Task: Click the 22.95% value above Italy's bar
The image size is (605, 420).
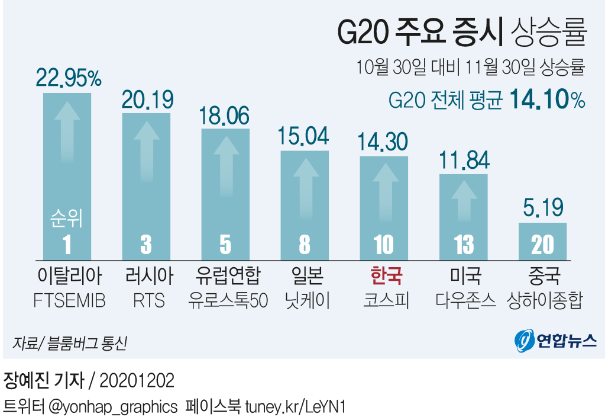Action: tap(69, 77)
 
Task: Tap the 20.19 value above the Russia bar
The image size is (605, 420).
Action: tap(147, 99)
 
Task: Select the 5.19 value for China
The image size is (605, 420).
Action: tap(542, 208)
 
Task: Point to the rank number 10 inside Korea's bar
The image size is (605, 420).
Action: tap(384, 245)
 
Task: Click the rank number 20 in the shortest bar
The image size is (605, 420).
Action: tap(542, 245)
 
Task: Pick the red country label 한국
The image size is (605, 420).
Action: tap(386, 275)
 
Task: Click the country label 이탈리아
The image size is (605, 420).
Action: tap(69, 275)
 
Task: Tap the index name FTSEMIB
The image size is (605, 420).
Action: tap(69, 301)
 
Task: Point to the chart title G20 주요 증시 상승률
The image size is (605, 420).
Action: tap(461, 34)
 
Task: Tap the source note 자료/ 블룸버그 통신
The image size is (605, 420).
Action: tap(69, 343)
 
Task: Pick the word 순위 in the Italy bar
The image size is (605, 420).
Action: tap(66, 219)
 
